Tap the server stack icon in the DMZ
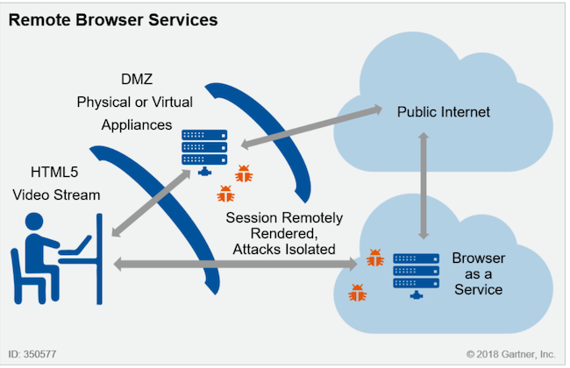(x=203, y=150)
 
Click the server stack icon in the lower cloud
(x=417, y=273)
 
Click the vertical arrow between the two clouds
(x=424, y=187)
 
